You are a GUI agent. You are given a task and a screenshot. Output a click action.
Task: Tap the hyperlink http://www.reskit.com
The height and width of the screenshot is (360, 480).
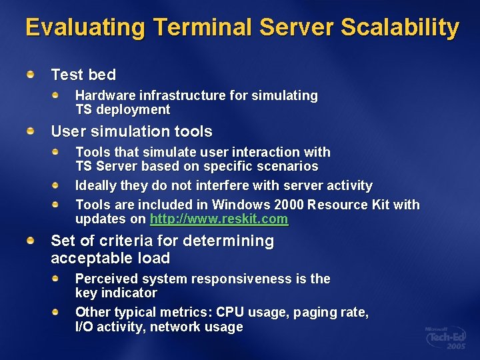click(x=219, y=219)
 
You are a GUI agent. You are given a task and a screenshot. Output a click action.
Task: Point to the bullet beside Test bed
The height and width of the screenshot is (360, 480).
click(x=31, y=75)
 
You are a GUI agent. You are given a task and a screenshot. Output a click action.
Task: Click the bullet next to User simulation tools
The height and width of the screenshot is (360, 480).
click(x=31, y=131)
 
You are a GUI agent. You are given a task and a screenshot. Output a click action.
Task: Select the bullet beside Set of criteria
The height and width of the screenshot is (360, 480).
click(x=31, y=241)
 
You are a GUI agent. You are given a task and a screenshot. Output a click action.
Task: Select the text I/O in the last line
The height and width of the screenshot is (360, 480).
click(x=85, y=327)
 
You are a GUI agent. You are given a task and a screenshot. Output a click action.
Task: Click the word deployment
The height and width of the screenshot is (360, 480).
click(x=133, y=110)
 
